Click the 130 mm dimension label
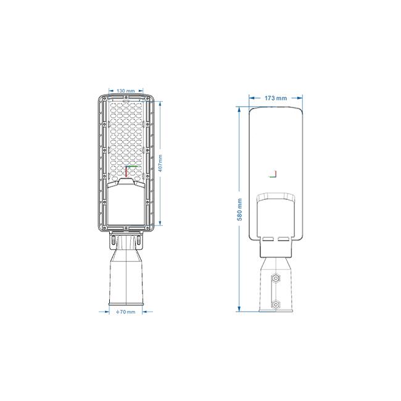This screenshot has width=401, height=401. coord(126,91)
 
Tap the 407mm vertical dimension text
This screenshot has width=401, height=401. coord(160,163)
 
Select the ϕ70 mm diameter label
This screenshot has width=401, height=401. coord(126,312)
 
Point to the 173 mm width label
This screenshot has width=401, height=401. coord(276,98)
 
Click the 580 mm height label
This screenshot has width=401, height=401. coord(239,210)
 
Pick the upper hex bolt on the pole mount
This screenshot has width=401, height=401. coord(276,278)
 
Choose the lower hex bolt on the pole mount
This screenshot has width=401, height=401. coord(276,305)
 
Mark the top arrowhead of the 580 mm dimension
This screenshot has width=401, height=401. coord(239,109)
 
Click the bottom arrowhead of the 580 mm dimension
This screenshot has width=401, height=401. coord(239,309)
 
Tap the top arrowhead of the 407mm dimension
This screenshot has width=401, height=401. coord(160,104)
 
